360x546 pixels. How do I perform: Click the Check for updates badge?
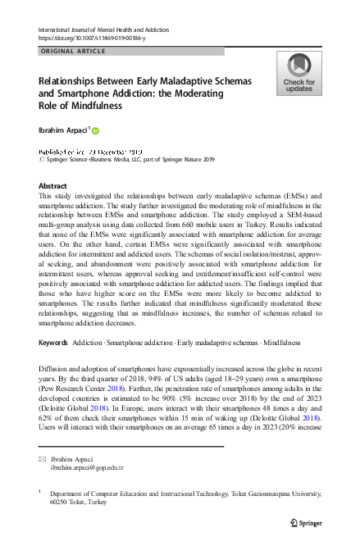pyautogui.click(x=298, y=74)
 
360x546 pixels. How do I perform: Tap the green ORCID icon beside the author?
pyautogui.click(x=95, y=130)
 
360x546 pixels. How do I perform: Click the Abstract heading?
pyautogui.click(x=53, y=186)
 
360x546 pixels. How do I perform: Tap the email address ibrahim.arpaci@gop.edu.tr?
pyautogui.click(x=87, y=467)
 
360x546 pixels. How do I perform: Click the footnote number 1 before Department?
pyautogui.click(x=40, y=492)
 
